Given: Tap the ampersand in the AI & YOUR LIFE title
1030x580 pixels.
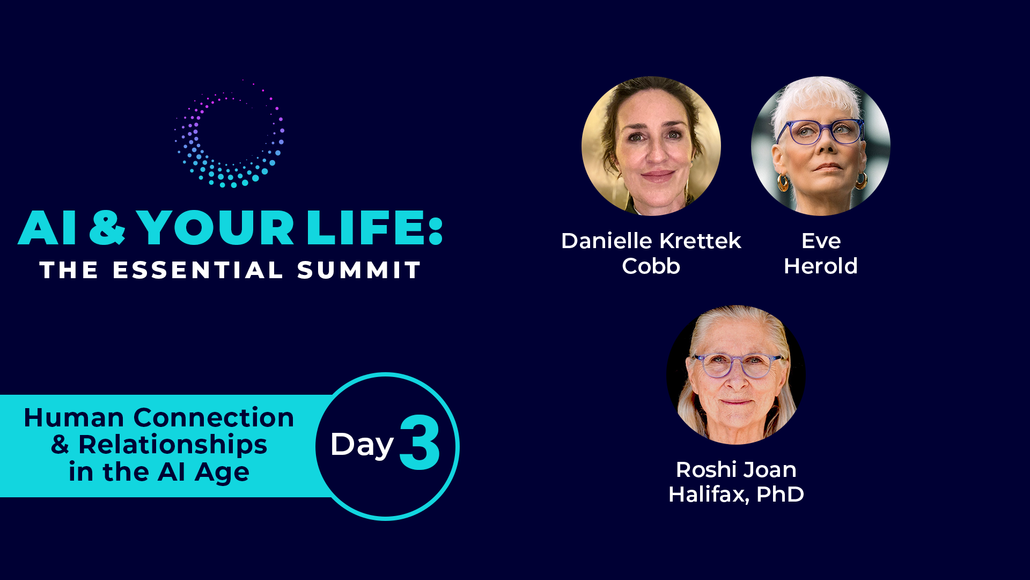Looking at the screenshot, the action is (x=107, y=228).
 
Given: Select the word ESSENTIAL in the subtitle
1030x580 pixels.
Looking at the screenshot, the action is (x=197, y=270).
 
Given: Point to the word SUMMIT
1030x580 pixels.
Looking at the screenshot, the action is (x=359, y=270).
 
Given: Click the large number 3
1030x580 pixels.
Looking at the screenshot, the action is (x=420, y=443).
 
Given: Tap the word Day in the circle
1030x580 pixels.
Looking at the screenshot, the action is (x=362, y=445).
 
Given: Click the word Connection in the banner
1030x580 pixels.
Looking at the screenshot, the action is (x=214, y=418).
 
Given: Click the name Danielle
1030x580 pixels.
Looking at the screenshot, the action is (x=603, y=241).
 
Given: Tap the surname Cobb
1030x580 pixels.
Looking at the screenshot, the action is (x=651, y=266).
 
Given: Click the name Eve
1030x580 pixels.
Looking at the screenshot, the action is (x=821, y=241).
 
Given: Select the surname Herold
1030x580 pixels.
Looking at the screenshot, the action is (x=821, y=266).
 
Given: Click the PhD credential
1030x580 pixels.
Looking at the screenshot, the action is (x=780, y=495).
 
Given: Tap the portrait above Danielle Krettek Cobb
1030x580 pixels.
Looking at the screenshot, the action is (x=651, y=146).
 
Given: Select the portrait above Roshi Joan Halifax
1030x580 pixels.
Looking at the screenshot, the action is (x=736, y=375).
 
